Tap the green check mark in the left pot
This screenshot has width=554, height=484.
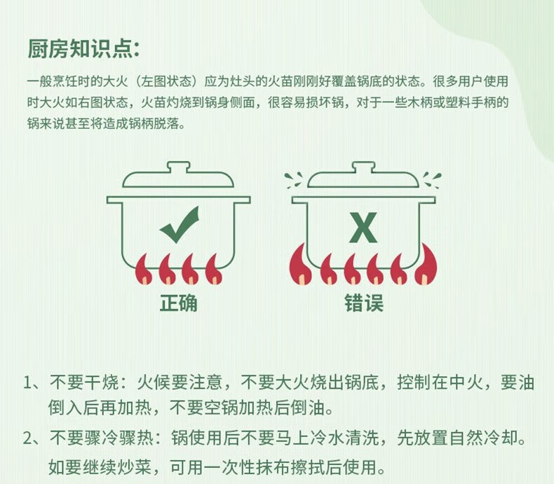click(180, 225)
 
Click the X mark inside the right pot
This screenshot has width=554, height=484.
click(363, 228)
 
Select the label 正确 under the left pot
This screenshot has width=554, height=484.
click(178, 303)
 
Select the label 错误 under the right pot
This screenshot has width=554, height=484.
click(364, 303)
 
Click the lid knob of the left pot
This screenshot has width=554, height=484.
click(179, 167)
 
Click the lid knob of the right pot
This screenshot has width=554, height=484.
click(363, 167)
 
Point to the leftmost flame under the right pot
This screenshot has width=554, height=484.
click(300, 265)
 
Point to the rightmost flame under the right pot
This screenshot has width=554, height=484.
click(426, 265)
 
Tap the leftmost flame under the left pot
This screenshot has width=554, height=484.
click(144, 269)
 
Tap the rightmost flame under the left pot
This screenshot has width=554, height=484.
click(214, 269)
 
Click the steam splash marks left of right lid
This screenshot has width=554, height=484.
click(294, 180)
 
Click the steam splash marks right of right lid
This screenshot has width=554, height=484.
click(432, 180)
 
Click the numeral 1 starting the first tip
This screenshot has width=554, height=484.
click(27, 382)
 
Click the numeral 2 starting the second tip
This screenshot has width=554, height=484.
click(28, 438)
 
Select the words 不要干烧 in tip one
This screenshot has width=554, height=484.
click(84, 382)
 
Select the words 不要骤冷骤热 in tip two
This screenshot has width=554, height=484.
click(102, 438)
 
